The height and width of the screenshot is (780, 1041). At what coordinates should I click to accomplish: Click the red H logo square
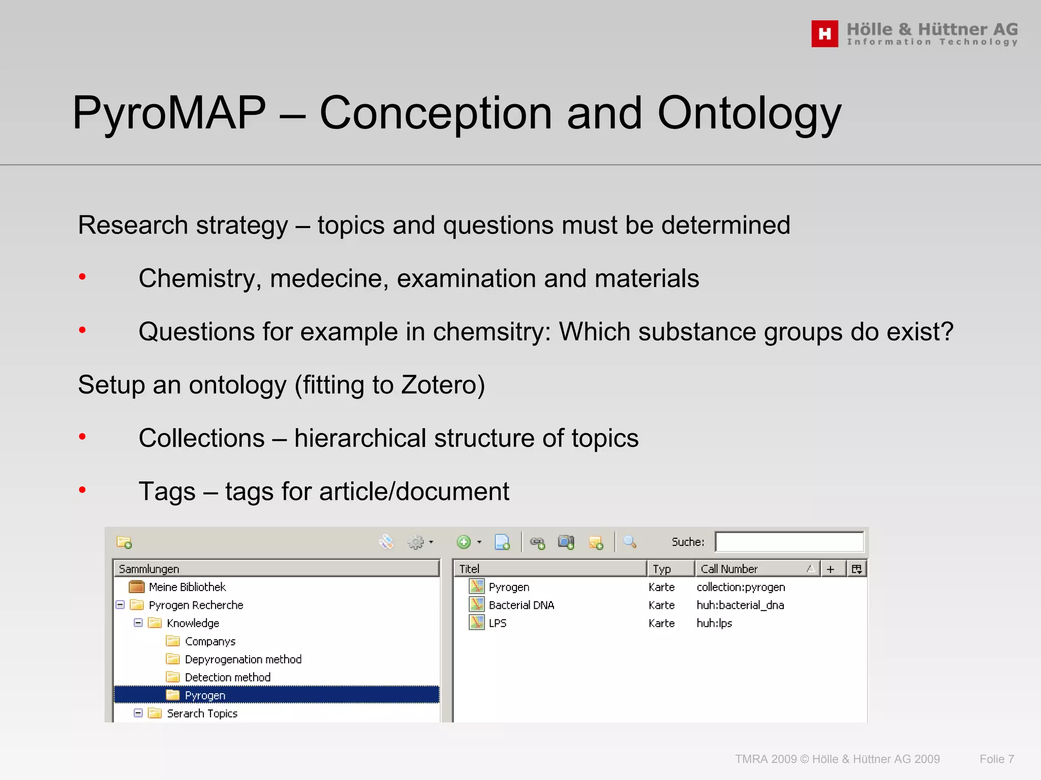[824, 34]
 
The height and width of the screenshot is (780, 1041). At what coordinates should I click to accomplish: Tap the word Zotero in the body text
[442, 384]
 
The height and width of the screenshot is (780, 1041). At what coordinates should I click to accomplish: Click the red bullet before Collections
[82, 437]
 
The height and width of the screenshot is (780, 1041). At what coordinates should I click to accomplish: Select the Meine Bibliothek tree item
[187, 587]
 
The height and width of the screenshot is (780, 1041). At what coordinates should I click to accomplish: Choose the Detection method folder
[227, 677]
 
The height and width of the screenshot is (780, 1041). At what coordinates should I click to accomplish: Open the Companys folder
[210, 641]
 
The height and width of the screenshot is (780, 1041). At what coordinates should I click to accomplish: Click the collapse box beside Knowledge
[138, 623]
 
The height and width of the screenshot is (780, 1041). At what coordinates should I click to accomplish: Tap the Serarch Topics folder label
[202, 713]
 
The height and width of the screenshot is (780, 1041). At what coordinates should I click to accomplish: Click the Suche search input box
[788, 542]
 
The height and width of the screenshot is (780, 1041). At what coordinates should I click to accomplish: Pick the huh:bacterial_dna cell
[740, 605]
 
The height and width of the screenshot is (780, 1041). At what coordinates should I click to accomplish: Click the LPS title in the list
[497, 623]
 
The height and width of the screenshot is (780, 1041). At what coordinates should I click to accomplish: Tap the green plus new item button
[464, 542]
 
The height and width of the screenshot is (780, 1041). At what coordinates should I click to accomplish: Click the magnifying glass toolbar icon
[629, 542]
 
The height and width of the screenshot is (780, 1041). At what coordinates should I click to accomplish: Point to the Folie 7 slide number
[996, 759]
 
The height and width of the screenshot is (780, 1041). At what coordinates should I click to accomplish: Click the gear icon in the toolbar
[416, 542]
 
